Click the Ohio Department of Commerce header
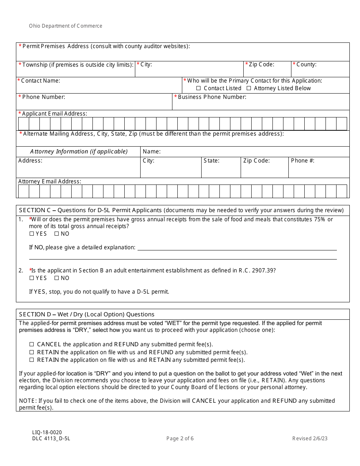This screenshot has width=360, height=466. click(x=66, y=26)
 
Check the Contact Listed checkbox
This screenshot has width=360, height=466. click(x=199, y=88)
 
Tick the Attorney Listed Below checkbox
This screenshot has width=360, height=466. click(x=249, y=88)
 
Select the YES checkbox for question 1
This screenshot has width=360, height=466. click(x=32, y=234)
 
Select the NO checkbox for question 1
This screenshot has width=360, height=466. click(x=57, y=234)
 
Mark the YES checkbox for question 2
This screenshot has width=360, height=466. click(x=32, y=278)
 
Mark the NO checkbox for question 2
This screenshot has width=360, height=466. click(x=57, y=278)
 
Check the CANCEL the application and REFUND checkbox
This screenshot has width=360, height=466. click(x=32, y=345)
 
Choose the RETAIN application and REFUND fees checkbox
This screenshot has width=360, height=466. click(x=32, y=352)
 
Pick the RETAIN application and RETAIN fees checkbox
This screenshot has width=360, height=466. click(x=32, y=360)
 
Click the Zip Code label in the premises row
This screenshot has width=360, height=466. click(x=261, y=65)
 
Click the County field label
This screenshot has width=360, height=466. click(x=306, y=65)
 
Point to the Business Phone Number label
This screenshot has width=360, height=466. click(x=212, y=97)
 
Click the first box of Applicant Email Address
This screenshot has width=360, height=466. click(x=23, y=124)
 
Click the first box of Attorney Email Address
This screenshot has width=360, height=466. click(x=23, y=191)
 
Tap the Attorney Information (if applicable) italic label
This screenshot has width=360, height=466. click(x=79, y=152)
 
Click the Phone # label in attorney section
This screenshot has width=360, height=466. click(x=302, y=161)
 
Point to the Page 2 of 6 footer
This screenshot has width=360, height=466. click(x=180, y=439)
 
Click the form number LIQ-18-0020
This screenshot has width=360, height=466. click(x=47, y=432)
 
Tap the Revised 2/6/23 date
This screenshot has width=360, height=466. click(x=310, y=439)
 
